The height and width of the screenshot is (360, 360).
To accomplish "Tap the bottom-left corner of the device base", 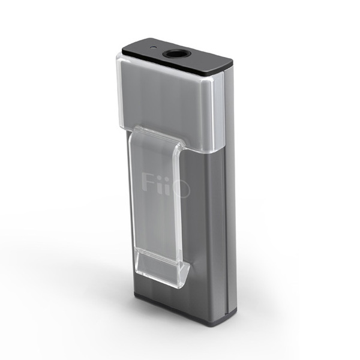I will coord(134,297).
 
